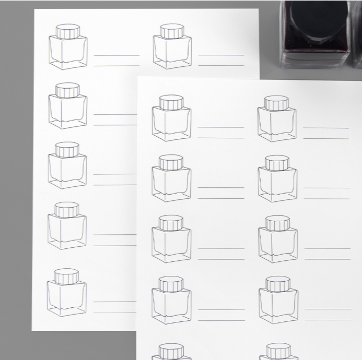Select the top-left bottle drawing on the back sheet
pyautogui.click(x=68, y=47)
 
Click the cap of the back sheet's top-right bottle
pyautogui.click(x=172, y=32)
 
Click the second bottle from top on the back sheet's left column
pyautogui.click(x=68, y=106)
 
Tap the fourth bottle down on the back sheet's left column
pyautogui.click(x=67, y=226)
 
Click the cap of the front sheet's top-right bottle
pyautogui.click(x=276, y=103)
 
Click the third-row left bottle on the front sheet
pyautogui.click(x=171, y=239)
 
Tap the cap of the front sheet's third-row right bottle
pyautogui.click(x=277, y=223)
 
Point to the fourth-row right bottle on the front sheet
pyautogui.click(x=278, y=301)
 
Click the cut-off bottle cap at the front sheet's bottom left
pyautogui.click(x=171, y=351)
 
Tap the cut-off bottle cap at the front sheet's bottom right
pyautogui.click(x=278, y=351)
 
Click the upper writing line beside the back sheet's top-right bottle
pyautogui.click(x=221, y=55)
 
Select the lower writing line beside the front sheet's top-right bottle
pyautogui.click(x=326, y=138)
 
